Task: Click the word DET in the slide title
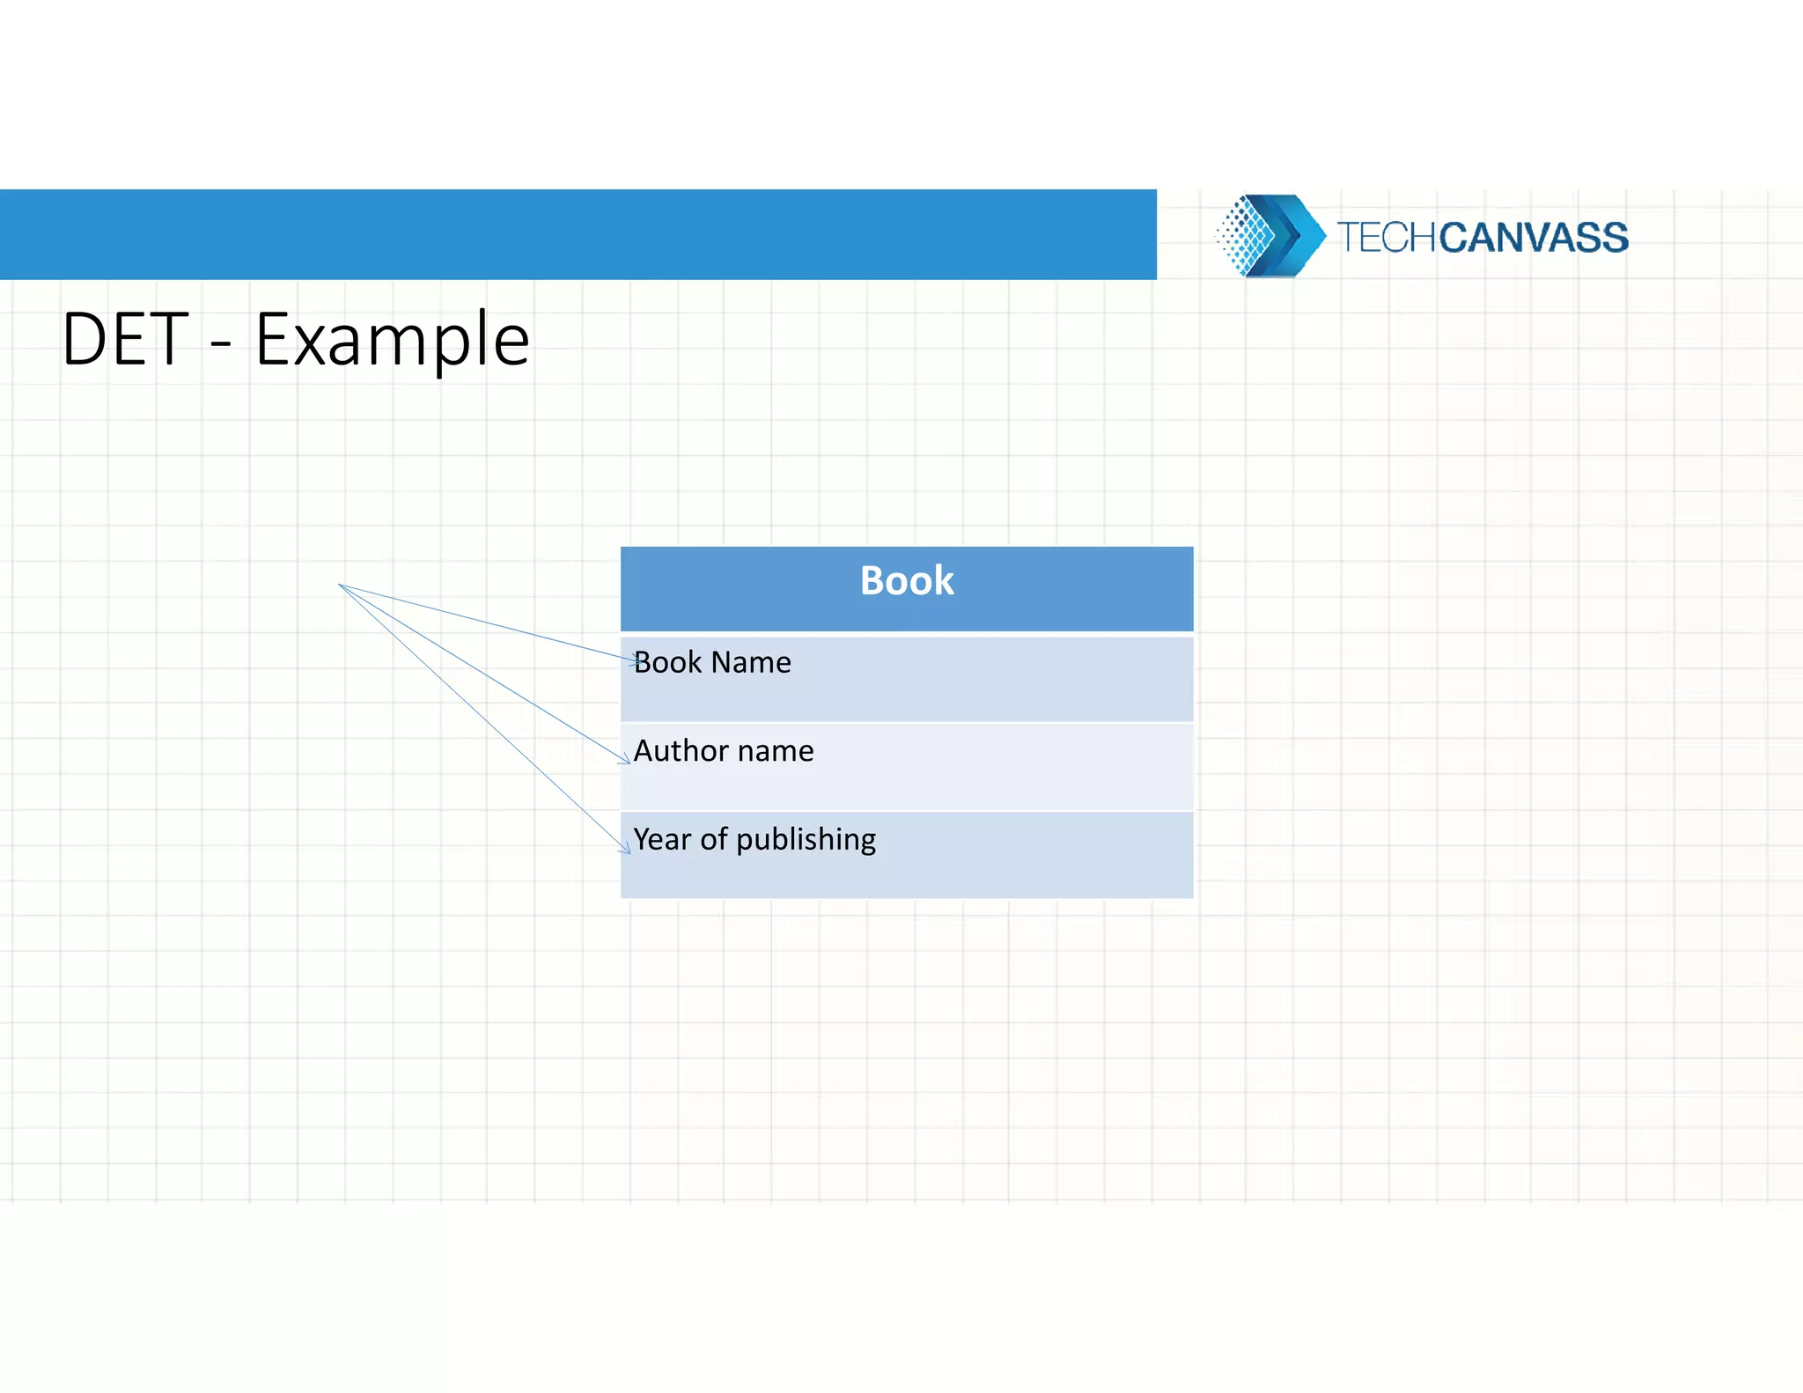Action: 124,340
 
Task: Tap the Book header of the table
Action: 907,581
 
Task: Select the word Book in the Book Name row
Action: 667,662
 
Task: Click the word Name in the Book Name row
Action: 751,662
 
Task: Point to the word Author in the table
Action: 681,751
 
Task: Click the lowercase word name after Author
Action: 776,751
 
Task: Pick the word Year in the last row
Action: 662,839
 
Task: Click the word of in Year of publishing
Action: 713,839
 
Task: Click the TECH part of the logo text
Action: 1387,238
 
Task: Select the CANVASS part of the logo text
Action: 1534,238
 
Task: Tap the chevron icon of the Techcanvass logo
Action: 1294,235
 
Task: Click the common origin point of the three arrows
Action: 340,585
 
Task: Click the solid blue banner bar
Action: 578,234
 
